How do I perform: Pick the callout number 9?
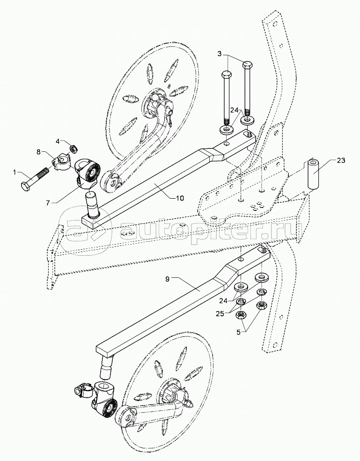(x=167, y=279)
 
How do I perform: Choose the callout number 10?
(x=180, y=198)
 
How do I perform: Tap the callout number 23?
(x=341, y=161)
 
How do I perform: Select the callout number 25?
(x=222, y=313)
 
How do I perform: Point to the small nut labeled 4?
(x=74, y=149)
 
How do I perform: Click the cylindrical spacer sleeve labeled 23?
(x=313, y=175)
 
